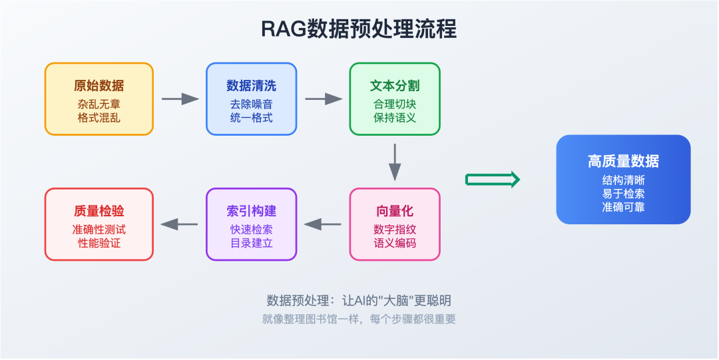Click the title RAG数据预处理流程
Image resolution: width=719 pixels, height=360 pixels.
point(359,30)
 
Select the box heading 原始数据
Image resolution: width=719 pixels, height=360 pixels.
point(99,86)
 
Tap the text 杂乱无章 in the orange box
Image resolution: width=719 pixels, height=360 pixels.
point(99,104)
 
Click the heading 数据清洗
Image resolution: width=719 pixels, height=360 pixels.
point(251,86)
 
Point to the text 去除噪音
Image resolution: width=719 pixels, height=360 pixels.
point(251,104)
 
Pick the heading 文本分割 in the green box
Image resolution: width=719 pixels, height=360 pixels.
point(395,86)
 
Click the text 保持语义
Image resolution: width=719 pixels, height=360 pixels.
point(395,118)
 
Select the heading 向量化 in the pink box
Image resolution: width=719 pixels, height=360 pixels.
point(395,211)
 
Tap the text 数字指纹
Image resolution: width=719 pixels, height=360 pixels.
point(395,229)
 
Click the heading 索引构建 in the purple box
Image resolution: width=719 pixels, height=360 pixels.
point(251,211)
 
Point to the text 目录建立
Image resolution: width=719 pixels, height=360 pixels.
point(251,243)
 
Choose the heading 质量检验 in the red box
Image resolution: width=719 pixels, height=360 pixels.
point(99,211)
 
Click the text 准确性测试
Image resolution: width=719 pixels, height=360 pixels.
point(99,229)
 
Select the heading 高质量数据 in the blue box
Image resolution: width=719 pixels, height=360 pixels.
point(623,161)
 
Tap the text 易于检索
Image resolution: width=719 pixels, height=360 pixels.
point(623,194)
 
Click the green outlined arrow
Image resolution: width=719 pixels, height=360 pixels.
point(492,180)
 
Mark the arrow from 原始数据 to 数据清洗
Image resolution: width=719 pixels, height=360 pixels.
point(180,99)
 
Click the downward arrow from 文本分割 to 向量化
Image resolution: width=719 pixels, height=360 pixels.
point(395,162)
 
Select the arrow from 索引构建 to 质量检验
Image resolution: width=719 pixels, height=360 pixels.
point(180,224)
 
